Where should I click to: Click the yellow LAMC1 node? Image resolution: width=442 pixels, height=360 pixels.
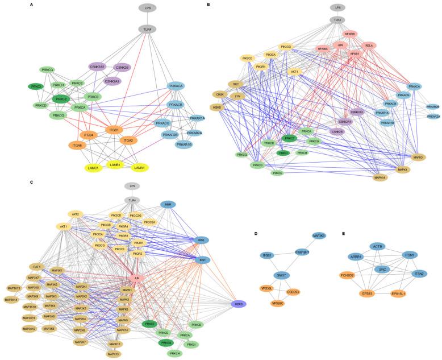click(x=95, y=168)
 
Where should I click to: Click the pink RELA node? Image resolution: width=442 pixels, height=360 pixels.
click(x=369, y=45)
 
